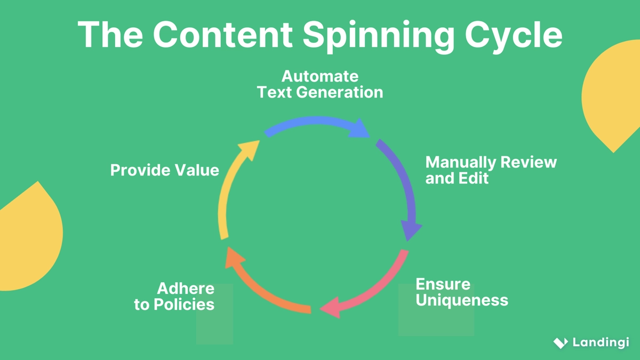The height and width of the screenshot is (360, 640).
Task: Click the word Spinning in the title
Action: click(379, 35)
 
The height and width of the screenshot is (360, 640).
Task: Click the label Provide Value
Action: click(164, 170)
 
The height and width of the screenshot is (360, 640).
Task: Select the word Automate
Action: click(320, 76)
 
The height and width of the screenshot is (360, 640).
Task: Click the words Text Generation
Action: click(320, 92)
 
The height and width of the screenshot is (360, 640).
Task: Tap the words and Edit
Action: click(457, 178)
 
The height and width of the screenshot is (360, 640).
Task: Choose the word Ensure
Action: click(443, 284)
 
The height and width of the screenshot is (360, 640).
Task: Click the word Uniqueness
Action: click(462, 300)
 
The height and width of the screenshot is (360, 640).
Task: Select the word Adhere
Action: click(186, 289)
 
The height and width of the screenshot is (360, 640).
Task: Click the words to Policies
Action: click(174, 305)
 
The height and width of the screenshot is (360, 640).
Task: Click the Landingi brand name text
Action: click(601, 342)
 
